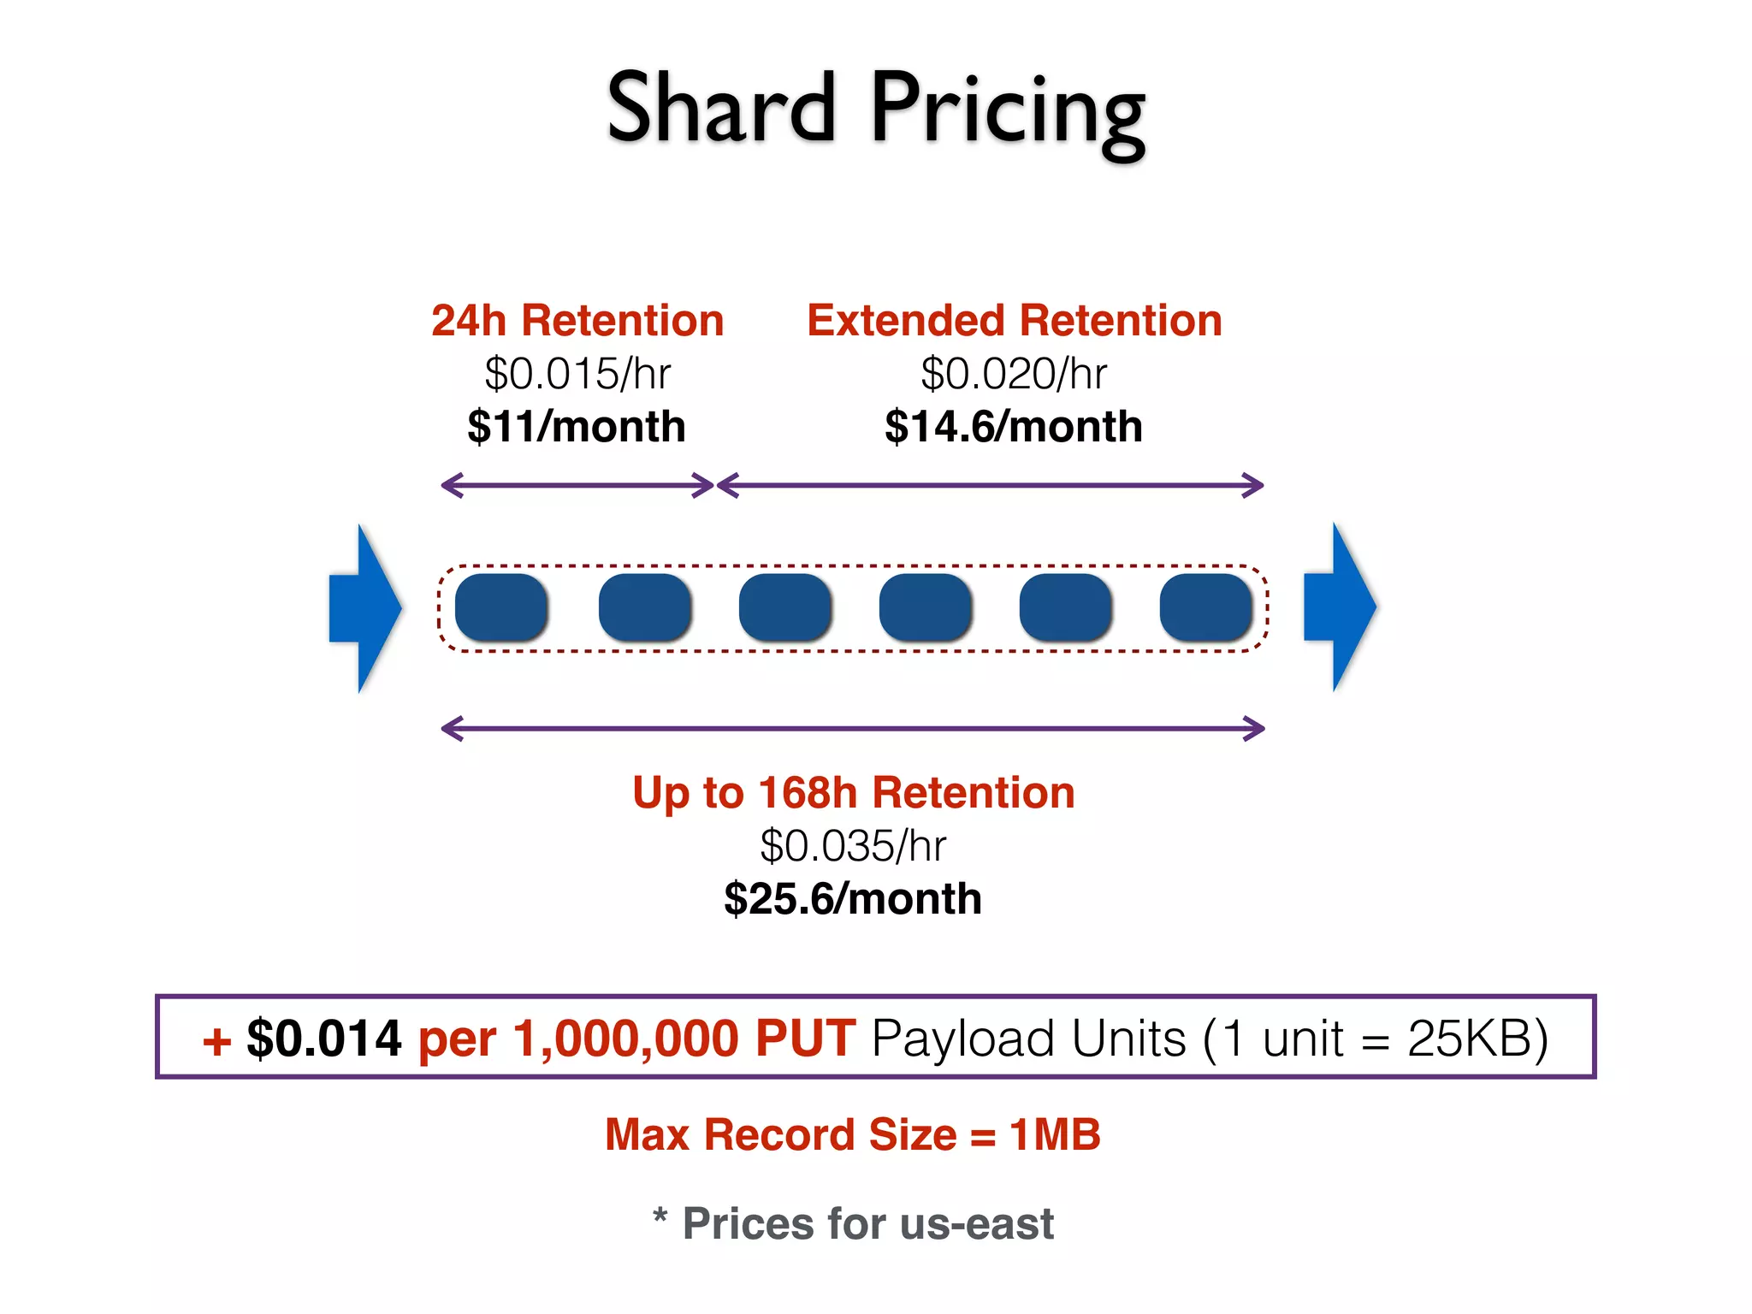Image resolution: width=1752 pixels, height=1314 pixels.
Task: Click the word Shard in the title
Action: click(720, 109)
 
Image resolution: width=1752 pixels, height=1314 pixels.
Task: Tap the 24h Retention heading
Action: click(577, 321)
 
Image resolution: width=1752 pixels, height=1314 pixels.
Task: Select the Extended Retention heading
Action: click(1014, 321)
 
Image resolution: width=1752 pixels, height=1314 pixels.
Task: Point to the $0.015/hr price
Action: click(577, 374)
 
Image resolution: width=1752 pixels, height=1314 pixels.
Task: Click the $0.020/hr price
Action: click(1014, 374)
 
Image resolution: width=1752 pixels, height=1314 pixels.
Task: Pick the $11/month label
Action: click(577, 426)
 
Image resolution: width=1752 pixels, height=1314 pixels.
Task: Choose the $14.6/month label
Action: click(1014, 426)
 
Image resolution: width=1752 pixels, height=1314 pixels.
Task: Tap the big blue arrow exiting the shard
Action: click(1340, 607)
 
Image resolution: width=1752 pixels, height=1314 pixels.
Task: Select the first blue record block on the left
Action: click(501, 607)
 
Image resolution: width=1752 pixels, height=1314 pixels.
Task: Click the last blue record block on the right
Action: click(1206, 607)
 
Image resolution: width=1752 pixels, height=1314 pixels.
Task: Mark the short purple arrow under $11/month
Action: click(577, 485)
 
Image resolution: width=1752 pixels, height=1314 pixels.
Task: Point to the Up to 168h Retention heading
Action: click(853, 793)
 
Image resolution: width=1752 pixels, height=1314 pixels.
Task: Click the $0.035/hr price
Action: click(853, 846)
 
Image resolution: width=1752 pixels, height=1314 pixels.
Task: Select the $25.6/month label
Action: click(853, 899)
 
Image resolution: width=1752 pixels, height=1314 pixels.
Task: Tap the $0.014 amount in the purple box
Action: click(323, 1039)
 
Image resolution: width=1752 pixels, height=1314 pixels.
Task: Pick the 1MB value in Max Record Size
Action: click(1054, 1135)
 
